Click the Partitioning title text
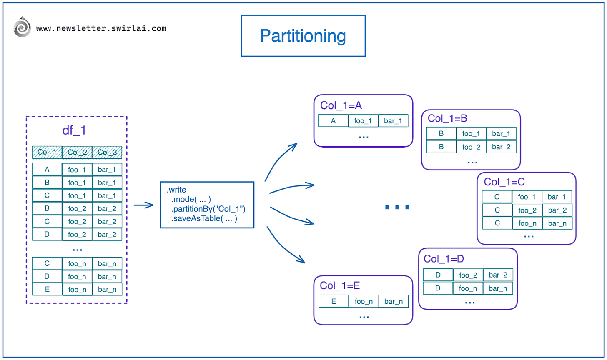click(303, 36)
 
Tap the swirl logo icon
click(22, 28)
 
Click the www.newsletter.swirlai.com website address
click(101, 29)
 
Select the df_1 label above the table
click(74, 130)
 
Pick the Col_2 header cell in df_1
click(77, 152)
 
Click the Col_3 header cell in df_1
click(107, 152)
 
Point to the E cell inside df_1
click(47, 289)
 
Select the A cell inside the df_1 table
click(47, 170)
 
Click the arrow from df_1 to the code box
click(144, 205)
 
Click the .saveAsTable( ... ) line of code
click(204, 218)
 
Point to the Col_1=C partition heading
click(504, 182)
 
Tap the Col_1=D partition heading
click(444, 258)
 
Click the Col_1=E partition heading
click(340, 285)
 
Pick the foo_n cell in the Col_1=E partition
click(364, 301)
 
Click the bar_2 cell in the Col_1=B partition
click(501, 147)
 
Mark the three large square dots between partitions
click(397, 207)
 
